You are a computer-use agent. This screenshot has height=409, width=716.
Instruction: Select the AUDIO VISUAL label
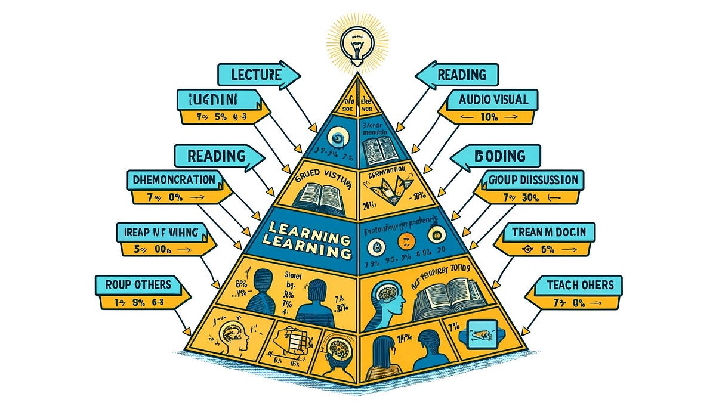[493, 100]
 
